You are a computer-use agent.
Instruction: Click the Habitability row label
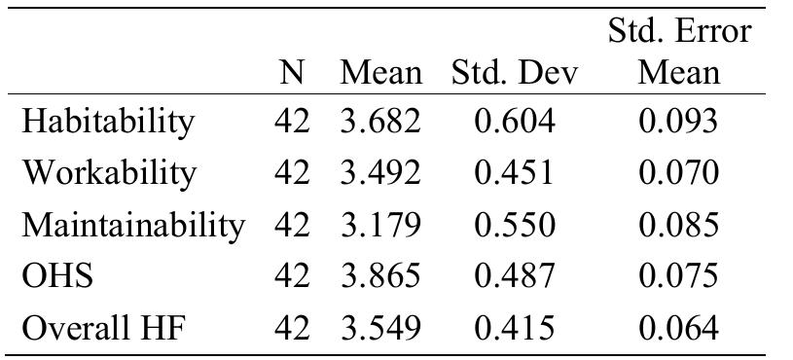(108, 122)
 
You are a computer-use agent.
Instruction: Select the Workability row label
(109, 173)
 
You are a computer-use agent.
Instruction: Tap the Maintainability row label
(133, 225)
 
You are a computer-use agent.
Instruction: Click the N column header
(291, 73)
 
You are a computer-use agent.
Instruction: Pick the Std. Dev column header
(515, 73)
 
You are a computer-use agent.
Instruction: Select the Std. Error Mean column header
(679, 53)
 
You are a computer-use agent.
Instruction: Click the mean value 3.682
(380, 122)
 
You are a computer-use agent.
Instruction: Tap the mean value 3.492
(380, 173)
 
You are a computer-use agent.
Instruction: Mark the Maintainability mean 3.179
(380, 225)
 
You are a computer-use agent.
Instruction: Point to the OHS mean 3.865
(380, 276)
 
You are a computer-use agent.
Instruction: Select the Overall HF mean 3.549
(380, 328)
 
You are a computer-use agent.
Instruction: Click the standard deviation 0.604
(515, 122)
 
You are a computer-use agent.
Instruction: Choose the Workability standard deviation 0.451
(515, 173)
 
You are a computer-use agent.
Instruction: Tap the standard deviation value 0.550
(515, 225)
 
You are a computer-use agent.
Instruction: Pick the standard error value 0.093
(679, 122)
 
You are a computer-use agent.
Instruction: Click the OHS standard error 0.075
(679, 276)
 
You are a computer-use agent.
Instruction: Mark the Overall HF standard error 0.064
(679, 328)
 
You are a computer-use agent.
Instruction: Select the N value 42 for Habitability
(291, 122)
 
